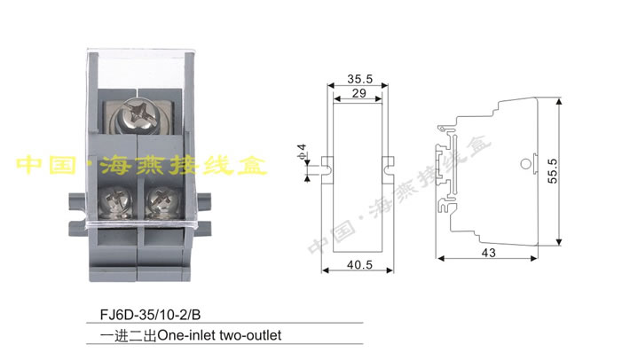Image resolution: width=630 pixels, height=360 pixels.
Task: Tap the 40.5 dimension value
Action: [359, 263]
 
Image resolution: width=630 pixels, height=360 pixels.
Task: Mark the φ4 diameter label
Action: [302, 151]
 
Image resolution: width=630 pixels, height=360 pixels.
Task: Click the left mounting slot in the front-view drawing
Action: [327, 164]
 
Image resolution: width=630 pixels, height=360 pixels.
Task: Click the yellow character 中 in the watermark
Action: [33, 165]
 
